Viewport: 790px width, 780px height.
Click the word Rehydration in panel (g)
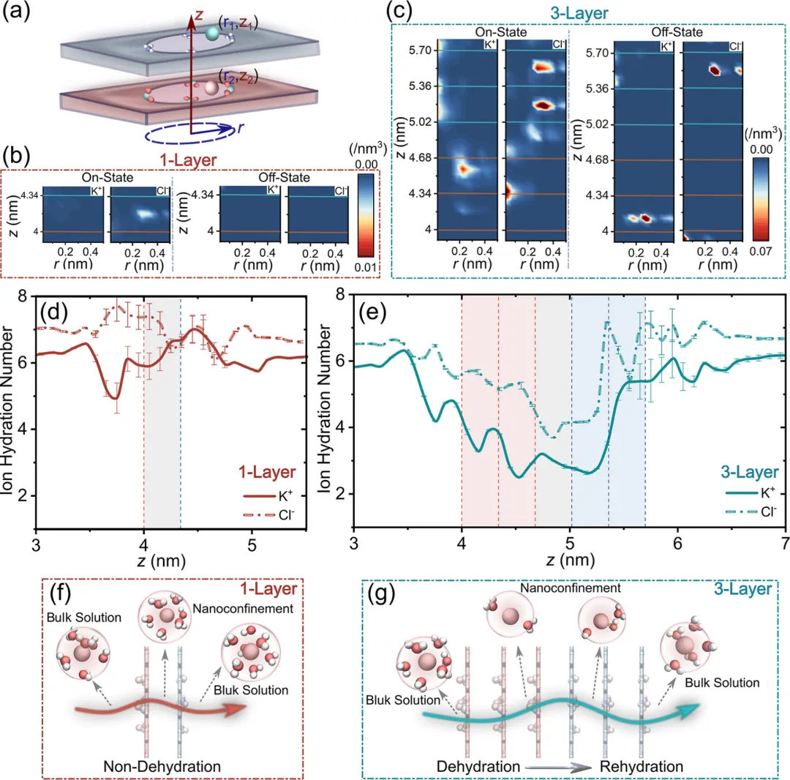click(x=642, y=766)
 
